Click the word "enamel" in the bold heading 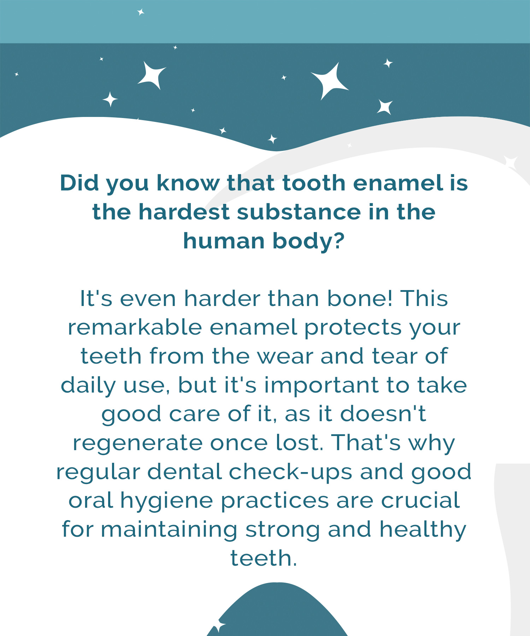398,183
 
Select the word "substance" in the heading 299,212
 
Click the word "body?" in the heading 308,242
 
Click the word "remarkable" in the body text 135,328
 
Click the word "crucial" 420,501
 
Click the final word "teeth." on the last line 264,559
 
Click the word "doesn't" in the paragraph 383,414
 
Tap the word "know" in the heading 188,183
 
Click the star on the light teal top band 141,12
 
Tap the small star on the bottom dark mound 219,626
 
